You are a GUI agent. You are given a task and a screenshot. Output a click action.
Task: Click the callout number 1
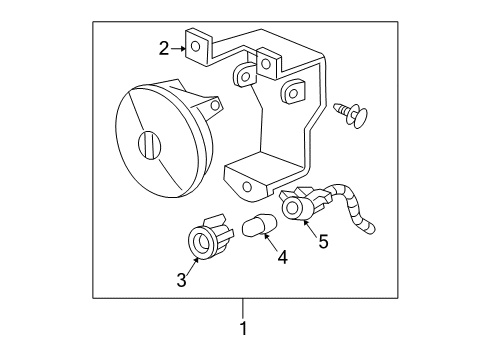(242, 328)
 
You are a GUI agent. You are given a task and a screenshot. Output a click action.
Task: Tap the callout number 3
(182, 280)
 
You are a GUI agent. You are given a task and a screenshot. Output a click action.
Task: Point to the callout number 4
(282, 257)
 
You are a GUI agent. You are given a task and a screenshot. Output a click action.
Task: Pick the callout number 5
(323, 240)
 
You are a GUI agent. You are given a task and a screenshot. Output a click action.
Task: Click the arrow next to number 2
(180, 47)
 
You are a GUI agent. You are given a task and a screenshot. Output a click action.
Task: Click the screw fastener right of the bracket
(351, 112)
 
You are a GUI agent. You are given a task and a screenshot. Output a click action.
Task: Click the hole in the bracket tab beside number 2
(198, 46)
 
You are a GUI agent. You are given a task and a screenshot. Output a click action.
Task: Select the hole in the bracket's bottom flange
(247, 186)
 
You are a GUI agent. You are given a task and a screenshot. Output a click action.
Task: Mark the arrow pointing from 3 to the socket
(191, 266)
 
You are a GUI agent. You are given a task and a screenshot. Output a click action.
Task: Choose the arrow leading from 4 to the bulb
(273, 243)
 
